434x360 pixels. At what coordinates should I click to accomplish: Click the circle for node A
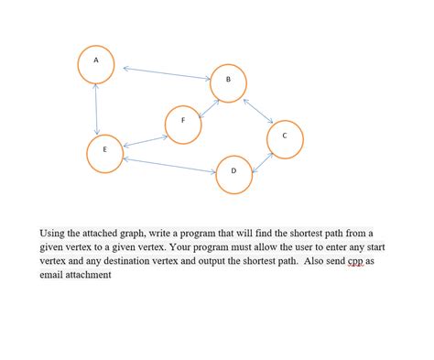coord(95,62)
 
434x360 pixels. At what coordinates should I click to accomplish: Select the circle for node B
coord(229,83)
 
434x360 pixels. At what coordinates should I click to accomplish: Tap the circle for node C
coord(285,138)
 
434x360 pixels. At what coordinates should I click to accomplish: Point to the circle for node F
coord(183,124)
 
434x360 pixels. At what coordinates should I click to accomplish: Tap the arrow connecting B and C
coord(258,109)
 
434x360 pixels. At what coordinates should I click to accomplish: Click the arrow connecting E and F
coord(145,141)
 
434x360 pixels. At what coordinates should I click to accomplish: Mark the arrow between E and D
coord(168,166)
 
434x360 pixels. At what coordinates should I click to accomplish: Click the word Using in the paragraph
coord(54,234)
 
